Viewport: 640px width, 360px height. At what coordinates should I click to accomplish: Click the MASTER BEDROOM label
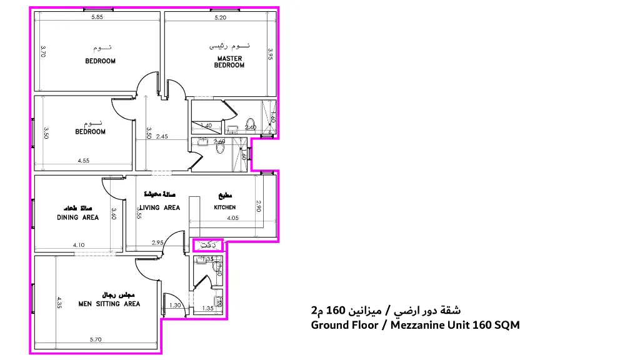point(229,62)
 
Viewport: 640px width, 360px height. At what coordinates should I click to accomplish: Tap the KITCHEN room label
point(225,207)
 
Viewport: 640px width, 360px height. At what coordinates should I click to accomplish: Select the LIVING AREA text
point(159,208)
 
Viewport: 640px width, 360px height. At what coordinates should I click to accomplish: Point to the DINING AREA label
point(77,217)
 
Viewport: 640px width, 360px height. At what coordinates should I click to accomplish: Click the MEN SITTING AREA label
point(109,304)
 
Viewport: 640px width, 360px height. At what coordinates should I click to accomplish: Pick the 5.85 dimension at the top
point(97,17)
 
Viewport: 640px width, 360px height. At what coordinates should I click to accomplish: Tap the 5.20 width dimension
point(220,17)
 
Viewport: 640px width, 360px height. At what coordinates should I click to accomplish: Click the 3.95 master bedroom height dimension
point(270,54)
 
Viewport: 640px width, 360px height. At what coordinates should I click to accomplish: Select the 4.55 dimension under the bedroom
point(83,161)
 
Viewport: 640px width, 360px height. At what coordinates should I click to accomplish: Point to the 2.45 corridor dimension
point(162,136)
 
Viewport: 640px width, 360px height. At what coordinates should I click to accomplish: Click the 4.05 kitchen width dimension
point(233,218)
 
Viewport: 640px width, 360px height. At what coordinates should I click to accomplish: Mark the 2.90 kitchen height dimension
point(259,206)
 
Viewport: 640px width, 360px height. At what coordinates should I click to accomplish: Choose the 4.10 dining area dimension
point(78,245)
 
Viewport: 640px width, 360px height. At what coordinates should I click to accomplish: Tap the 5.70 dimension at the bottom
point(96,340)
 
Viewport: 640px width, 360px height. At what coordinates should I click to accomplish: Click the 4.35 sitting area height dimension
point(59,302)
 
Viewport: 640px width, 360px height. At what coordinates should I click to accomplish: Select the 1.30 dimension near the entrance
point(176,306)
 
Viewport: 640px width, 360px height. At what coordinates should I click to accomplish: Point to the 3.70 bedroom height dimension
point(43,51)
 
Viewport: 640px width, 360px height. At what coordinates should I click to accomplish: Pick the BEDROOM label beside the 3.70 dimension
point(100,61)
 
